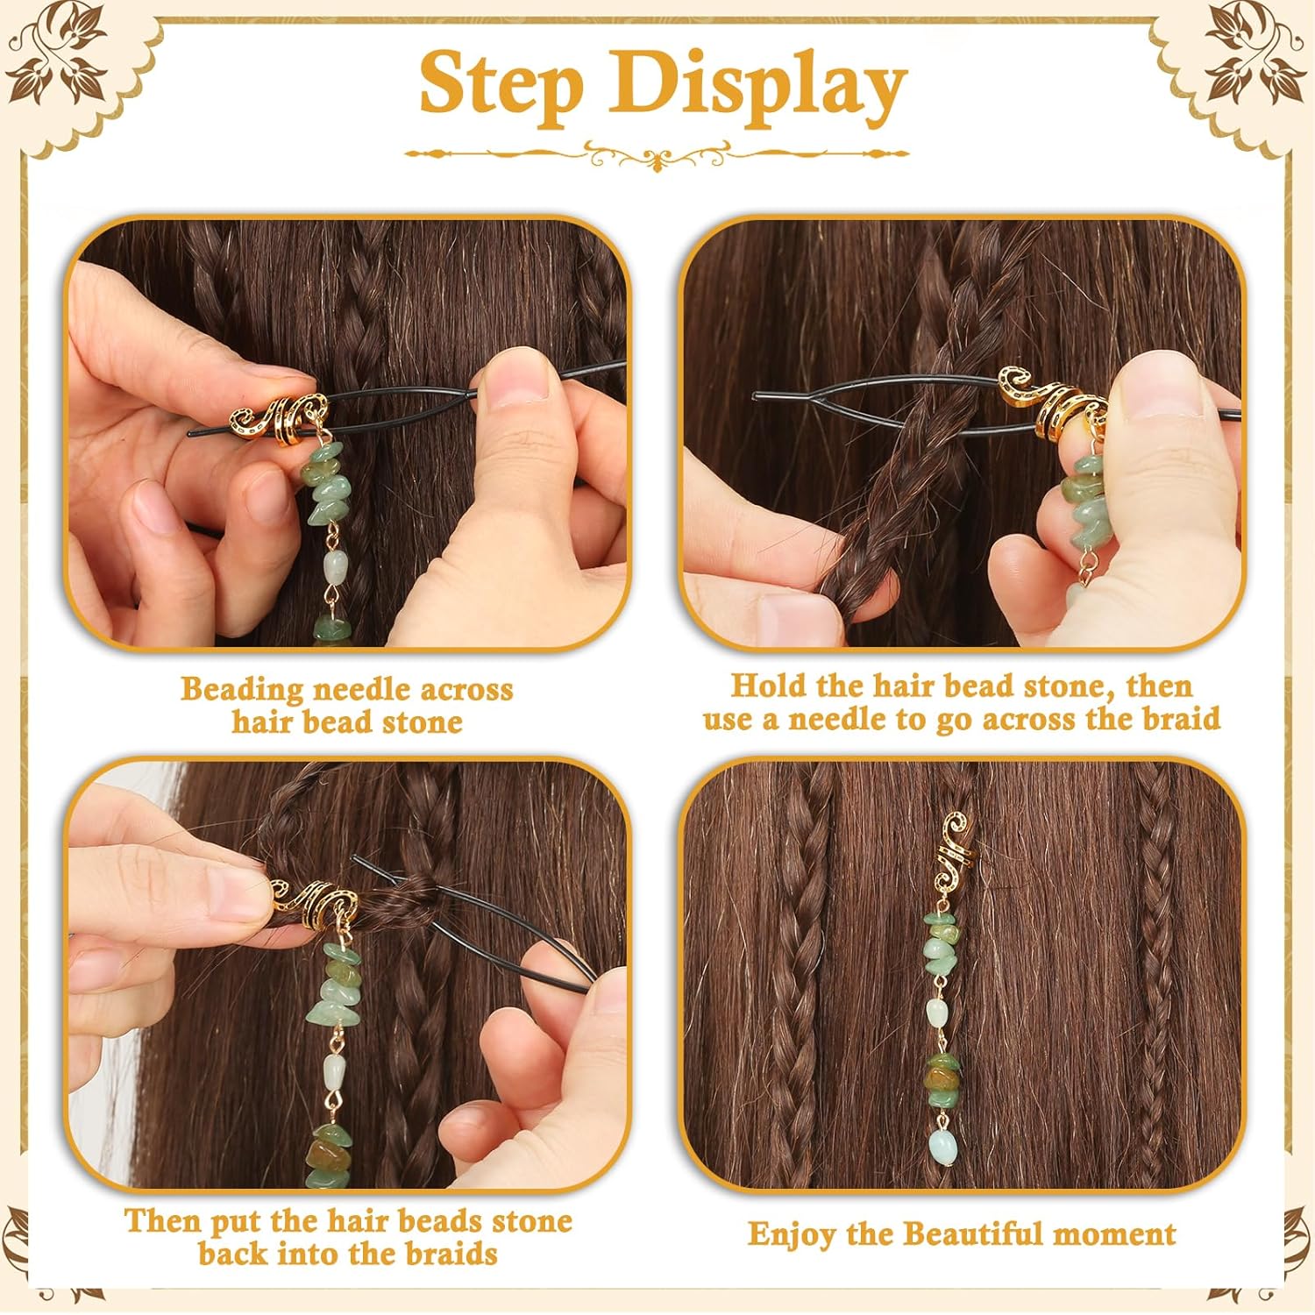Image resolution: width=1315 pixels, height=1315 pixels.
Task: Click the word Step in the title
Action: pos(501,85)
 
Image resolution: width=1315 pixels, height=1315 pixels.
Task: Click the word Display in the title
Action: pos(759,85)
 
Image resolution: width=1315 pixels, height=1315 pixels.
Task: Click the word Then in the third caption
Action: pos(161,1221)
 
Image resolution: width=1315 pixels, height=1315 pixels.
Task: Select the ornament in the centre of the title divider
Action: pos(657,157)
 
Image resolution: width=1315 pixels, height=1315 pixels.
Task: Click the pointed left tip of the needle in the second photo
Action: pos(755,396)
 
